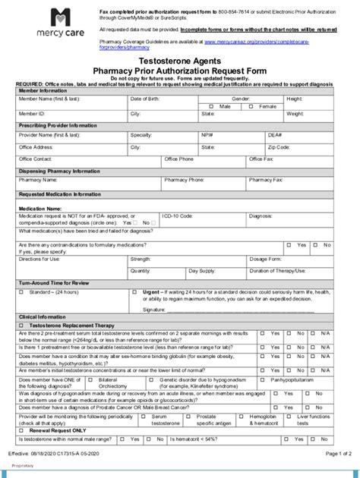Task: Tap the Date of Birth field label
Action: (145, 99)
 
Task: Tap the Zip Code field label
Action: (279, 146)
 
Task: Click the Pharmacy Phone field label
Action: (184, 181)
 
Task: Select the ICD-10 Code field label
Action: (178, 215)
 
